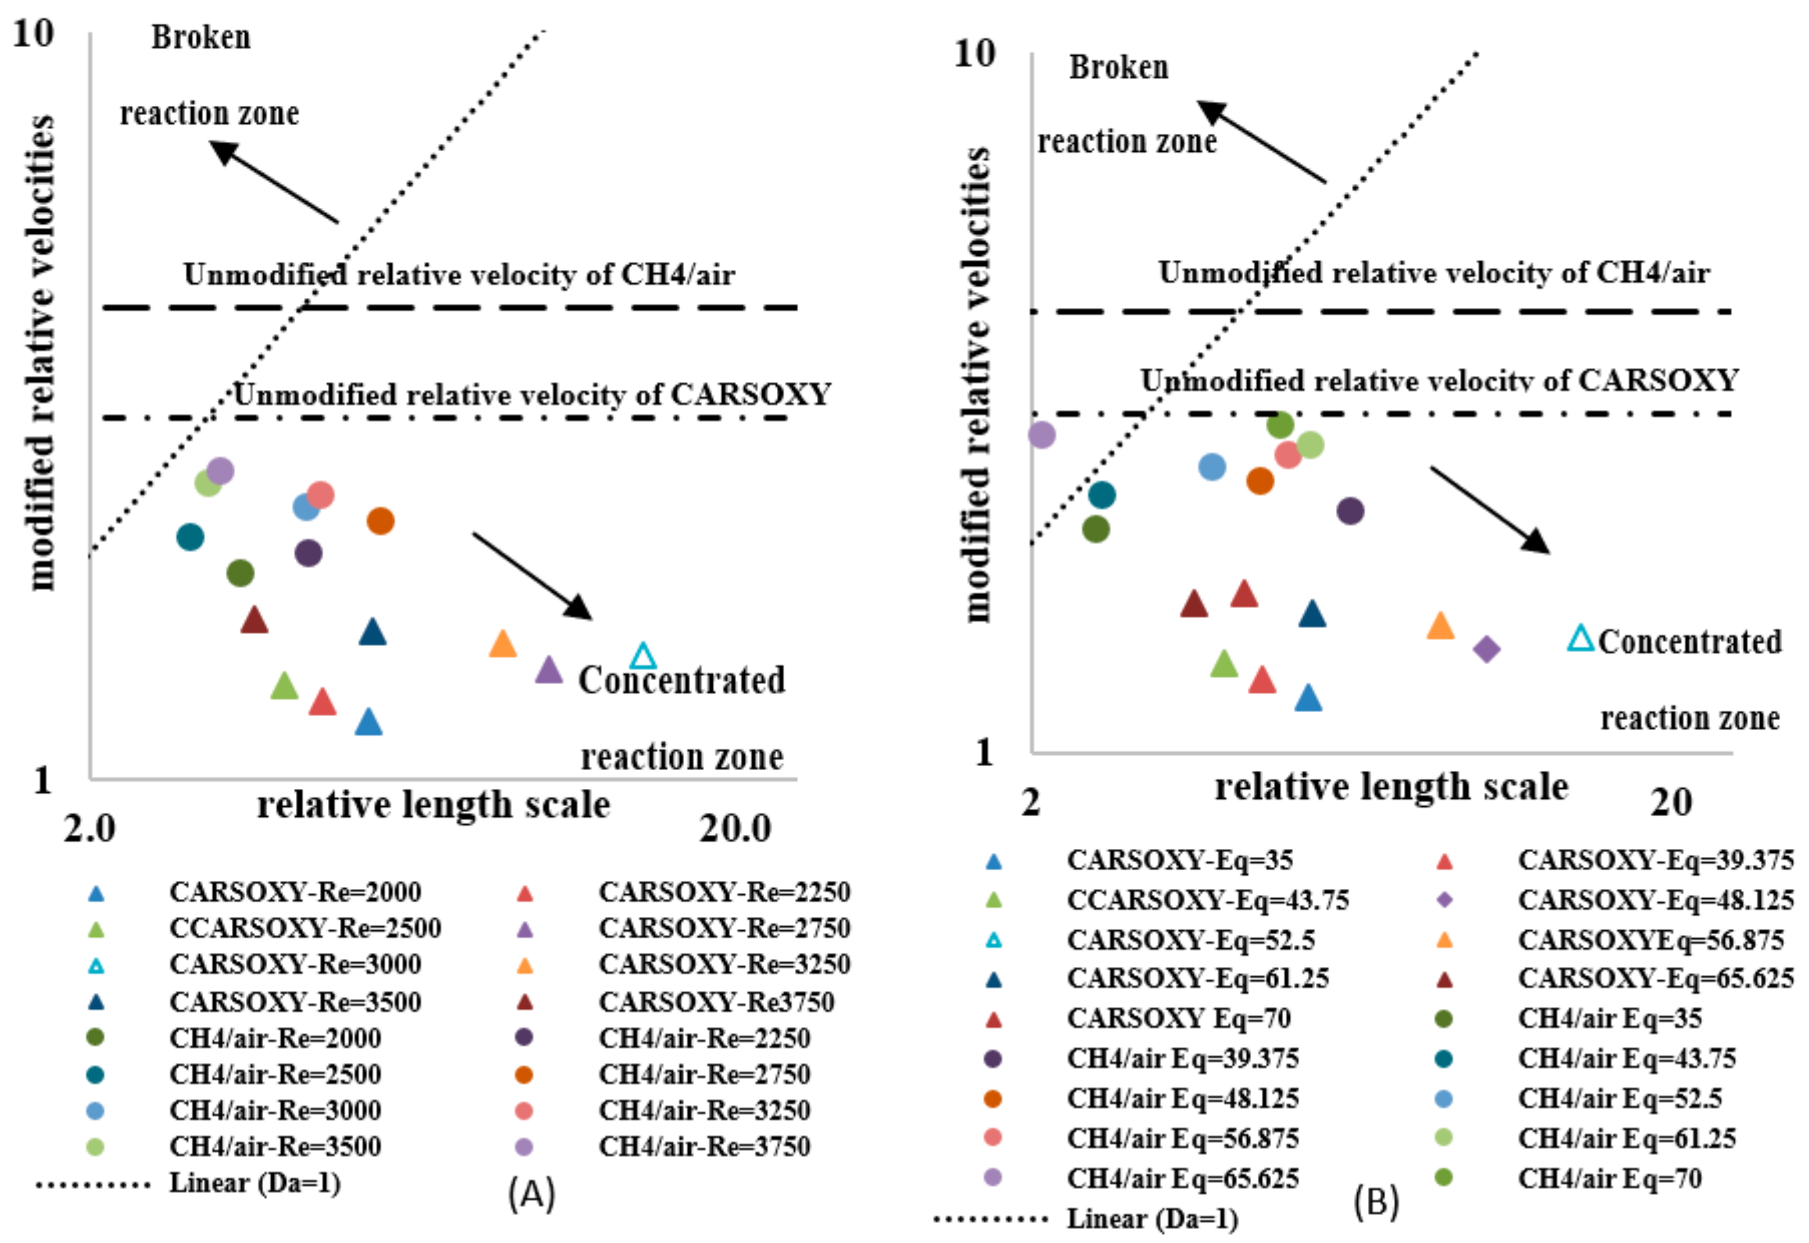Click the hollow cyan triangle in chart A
click(x=643, y=657)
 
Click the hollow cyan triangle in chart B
click(x=1581, y=639)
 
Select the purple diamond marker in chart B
click(x=1487, y=649)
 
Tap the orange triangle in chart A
click(x=502, y=644)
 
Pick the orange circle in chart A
click(x=380, y=520)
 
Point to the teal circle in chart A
click(x=190, y=536)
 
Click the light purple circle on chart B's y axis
click(x=1042, y=435)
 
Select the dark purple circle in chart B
click(x=1350, y=511)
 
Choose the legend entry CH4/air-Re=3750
click(x=704, y=1146)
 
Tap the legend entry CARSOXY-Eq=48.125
click(x=1655, y=900)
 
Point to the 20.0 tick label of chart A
click(x=735, y=829)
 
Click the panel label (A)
click(x=532, y=1193)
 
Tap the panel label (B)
click(x=1376, y=1202)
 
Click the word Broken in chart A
click(x=201, y=37)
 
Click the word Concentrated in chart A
click(x=682, y=680)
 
